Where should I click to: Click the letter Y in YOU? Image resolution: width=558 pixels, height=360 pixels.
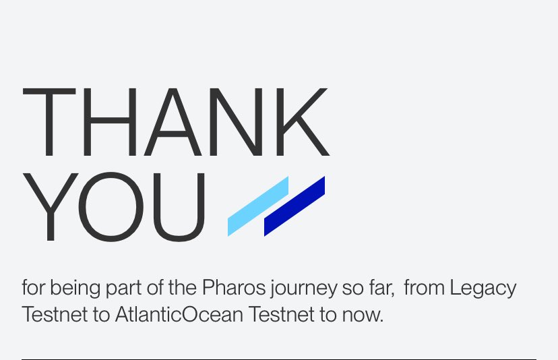pos(51,208)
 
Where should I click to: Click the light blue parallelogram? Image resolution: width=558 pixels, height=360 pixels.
pos(258,206)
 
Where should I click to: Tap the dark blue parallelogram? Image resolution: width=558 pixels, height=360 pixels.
pos(294,206)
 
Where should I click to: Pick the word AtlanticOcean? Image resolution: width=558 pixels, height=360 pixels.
pos(179,315)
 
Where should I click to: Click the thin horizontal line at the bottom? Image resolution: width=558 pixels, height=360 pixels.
pos(279,359)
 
